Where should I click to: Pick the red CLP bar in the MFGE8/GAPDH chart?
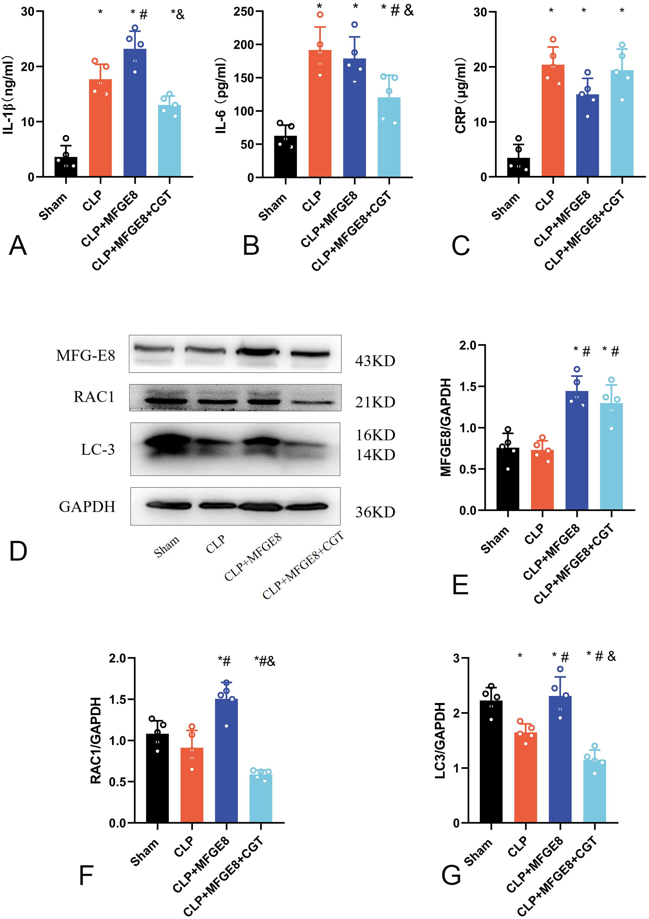click(x=542, y=480)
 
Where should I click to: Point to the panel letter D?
click(x=18, y=552)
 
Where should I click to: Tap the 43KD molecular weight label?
click(x=375, y=361)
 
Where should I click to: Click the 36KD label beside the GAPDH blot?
click(x=375, y=512)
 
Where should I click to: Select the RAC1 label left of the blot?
click(x=94, y=397)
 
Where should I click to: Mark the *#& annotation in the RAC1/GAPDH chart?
click(x=265, y=661)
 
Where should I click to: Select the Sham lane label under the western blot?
click(x=166, y=547)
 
